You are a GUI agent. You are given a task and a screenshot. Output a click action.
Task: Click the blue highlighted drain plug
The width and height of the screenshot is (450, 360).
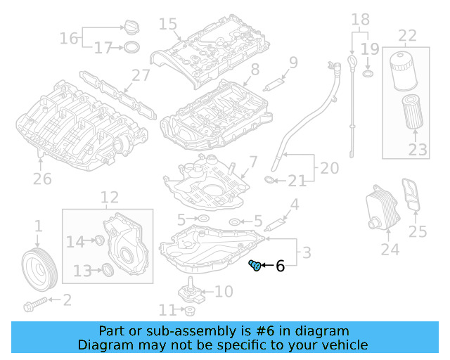(256, 265)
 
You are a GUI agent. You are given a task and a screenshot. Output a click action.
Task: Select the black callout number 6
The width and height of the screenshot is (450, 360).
(280, 266)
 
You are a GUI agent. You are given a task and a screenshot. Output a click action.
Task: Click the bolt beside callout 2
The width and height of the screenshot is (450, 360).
(34, 306)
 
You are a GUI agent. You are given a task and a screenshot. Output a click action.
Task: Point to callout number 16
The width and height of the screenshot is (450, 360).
(69, 38)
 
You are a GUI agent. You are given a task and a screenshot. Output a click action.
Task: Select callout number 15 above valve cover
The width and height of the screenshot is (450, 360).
(168, 25)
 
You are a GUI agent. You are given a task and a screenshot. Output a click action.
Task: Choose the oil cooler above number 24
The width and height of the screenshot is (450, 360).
(379, 207)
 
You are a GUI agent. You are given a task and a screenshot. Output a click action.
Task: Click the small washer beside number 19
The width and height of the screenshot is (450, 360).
(367, 73)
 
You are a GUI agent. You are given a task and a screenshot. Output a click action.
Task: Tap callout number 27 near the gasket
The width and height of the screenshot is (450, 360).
(141, 76)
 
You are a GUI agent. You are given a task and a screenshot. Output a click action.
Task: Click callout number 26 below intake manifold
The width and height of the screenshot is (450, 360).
(42, 179)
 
